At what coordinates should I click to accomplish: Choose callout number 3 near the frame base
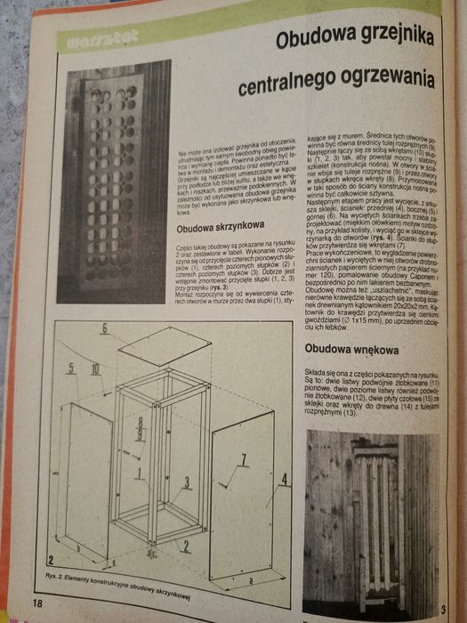click(188, 481)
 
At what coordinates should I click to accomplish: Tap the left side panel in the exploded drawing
click(85, 481)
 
